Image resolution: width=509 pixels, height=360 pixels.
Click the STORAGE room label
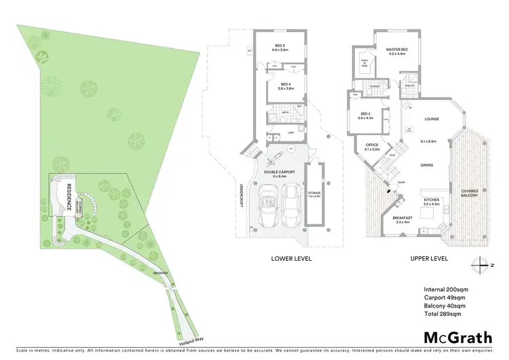314,194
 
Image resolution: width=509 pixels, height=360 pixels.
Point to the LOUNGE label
432,119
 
